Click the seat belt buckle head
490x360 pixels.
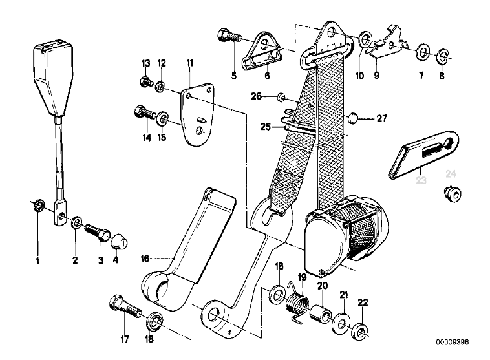tap(49, 77)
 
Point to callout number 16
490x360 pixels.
tap(145, 258)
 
